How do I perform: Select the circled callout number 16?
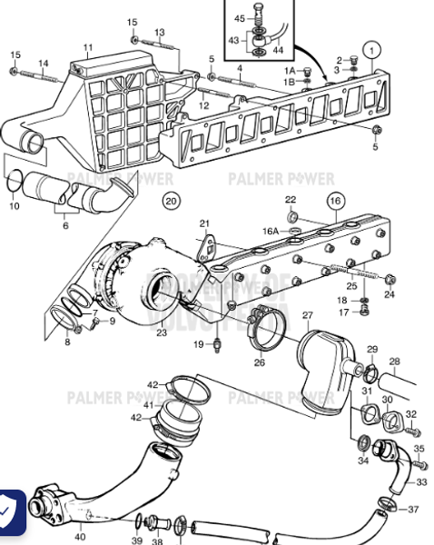(x=334, y=202)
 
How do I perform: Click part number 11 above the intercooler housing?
(x=87, y=47)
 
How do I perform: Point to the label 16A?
(x=271, y=232)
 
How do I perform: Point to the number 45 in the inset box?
(x=240, y=18)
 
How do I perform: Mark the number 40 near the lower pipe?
(x=80, y=537)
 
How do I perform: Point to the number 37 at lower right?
(x=413, y=509)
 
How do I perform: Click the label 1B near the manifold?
(x=289, y=82)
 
